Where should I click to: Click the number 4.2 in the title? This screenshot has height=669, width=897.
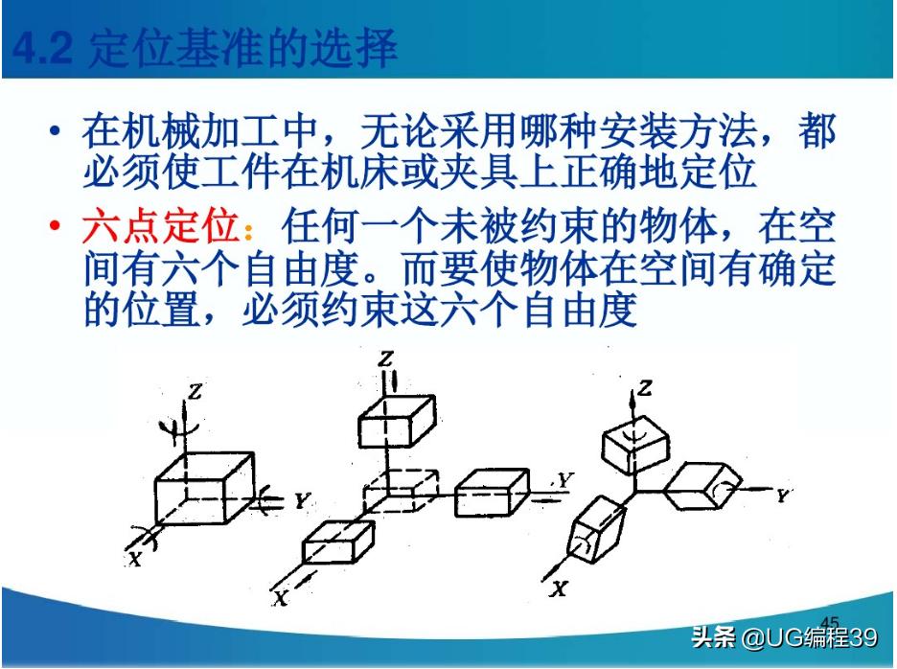pos(44,48)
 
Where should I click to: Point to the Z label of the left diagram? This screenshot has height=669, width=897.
pos(196,390)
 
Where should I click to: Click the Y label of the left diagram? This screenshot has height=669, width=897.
pos(301,499)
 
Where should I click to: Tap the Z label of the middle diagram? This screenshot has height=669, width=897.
pos(386,359)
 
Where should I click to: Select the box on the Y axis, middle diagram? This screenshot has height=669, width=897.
pos(491,494)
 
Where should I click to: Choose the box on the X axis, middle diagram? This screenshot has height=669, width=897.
pos(337,542)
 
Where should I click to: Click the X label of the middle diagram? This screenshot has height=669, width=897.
pos(280,598)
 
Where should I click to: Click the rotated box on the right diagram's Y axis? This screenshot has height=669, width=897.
pos(707,489)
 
